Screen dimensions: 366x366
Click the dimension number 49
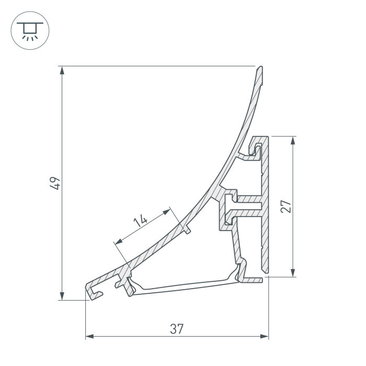[x=56, y=183]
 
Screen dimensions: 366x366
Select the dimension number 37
[x=177, y=329]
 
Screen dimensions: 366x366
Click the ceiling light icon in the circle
[x=30, y=30]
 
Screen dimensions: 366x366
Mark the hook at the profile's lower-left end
[x=93, y=292]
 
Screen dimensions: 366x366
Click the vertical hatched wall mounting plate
[x=266, y=209]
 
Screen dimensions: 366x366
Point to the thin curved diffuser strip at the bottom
[x=183, y=286]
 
